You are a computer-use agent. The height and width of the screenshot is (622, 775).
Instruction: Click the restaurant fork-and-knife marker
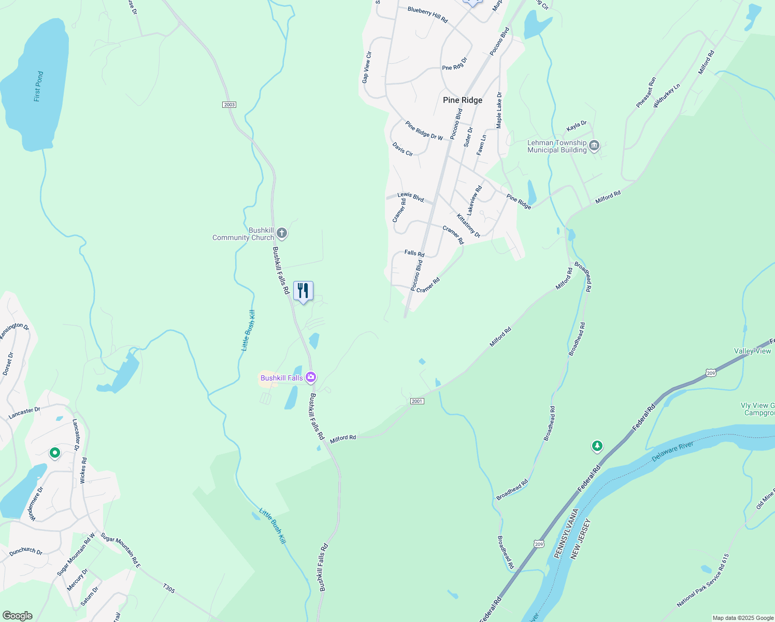click(303, 291)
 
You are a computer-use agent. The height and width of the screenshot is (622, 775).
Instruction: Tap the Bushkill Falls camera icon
click(311, 377)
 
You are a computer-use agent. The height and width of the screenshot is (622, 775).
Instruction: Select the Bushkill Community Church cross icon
click(282, 233)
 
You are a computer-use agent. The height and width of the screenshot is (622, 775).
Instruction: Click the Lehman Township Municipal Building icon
click(594, 146)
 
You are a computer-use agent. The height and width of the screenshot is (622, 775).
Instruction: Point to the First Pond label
click(38, 87)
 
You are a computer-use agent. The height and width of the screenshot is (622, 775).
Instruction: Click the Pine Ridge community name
click(463, 100)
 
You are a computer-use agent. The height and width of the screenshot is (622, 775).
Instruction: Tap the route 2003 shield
click(229, 105)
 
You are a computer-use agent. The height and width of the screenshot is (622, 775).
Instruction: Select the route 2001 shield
click(417, 401)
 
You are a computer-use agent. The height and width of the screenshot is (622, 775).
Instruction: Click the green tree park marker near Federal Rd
click(597, 446)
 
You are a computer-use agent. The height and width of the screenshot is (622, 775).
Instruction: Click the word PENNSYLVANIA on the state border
click(566, 534)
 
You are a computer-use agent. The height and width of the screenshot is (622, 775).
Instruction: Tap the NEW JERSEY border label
click(581, 539)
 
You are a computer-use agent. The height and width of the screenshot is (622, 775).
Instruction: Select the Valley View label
click(752, 351)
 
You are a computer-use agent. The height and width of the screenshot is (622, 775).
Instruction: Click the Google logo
click(17, 616)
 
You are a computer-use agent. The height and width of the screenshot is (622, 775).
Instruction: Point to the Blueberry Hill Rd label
click(427, 15)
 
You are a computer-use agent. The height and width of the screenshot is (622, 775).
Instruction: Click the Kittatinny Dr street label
click(468, 226)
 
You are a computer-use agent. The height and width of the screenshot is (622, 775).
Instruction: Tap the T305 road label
click(169, 588)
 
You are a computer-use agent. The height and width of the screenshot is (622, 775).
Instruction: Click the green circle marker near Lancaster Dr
click(55, 453)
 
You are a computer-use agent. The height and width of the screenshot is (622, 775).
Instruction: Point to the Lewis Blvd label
click(411, 197)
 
